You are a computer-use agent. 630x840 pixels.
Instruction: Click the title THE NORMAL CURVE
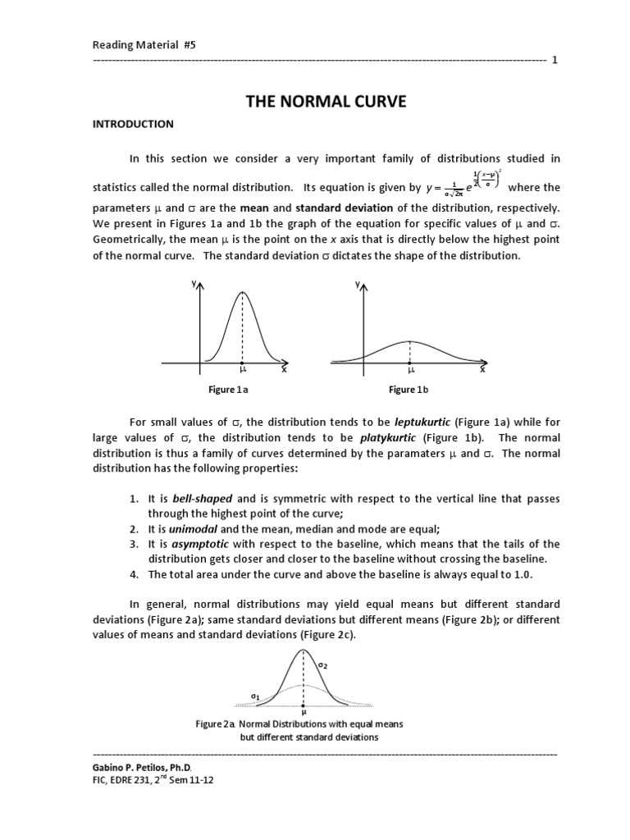click(x=315, y=102)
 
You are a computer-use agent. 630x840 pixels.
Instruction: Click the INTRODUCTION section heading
click(x=132, y=124)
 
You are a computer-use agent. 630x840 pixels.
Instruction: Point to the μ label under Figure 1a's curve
click(x=242, y=371)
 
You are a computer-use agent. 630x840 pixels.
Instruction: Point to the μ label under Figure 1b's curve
click(x=410, y=371)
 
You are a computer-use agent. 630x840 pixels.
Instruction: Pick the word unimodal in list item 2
click(x=192, y=529)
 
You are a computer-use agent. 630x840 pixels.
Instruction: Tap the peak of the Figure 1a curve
click(x=242, y=292)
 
